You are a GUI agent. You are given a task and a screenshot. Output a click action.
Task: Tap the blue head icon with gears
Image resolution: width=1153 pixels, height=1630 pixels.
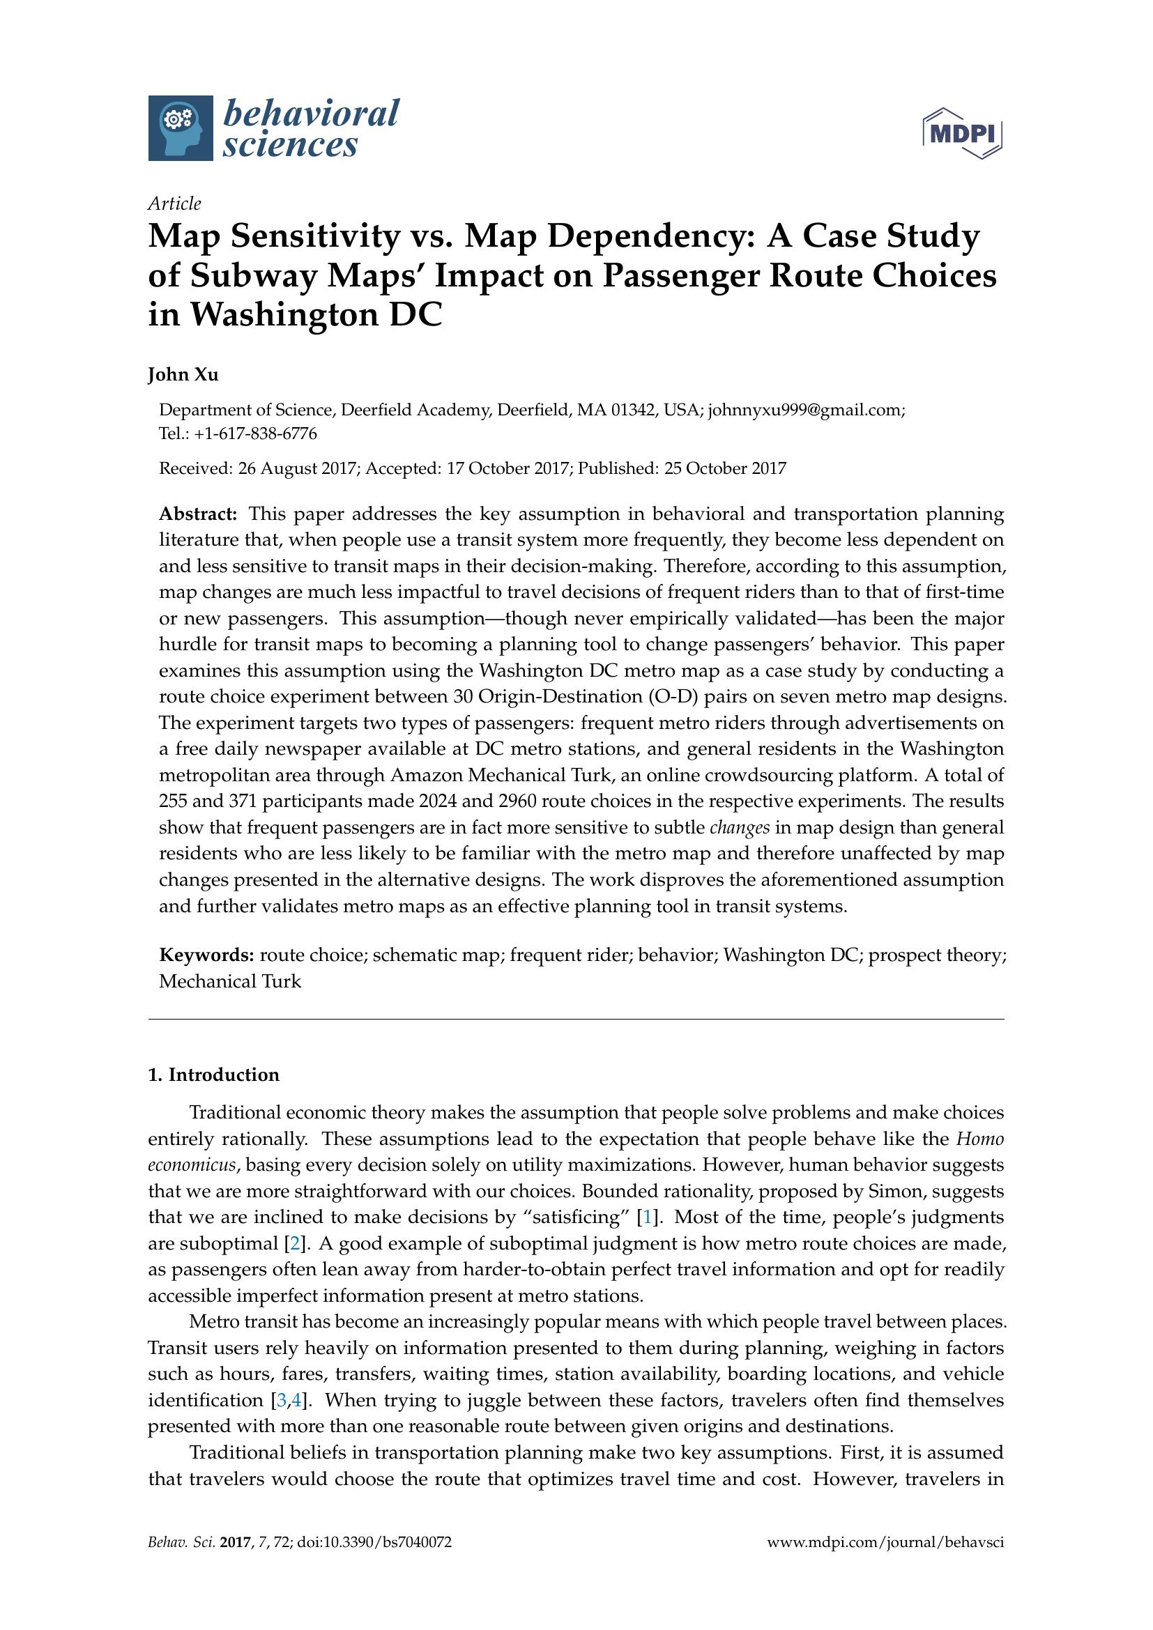click(181, 128)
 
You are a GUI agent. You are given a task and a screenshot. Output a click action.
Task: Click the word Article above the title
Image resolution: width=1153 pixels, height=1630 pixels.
click(174, 203)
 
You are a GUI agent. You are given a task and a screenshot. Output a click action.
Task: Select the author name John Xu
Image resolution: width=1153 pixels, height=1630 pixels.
click(183, 375)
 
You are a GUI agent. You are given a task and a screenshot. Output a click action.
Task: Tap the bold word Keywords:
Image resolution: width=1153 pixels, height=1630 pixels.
click(206, 955)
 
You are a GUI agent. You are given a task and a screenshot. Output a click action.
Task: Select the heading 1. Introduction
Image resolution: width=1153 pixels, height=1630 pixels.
click(214, 1075)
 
